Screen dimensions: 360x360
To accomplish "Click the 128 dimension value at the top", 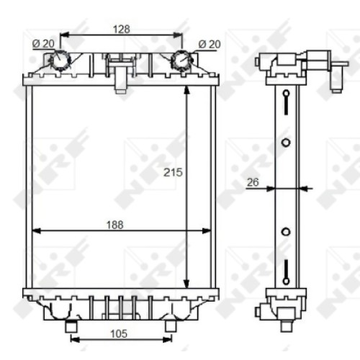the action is coord(122,30).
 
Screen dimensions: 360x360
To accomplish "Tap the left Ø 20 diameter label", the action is coord(43,43).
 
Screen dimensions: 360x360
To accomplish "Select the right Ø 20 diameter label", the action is coord(210,44).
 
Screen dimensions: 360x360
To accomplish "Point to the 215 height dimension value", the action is coord(173,172).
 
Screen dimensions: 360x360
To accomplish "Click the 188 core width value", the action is coord(114,225).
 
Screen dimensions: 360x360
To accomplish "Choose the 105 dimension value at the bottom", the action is coord(119,333).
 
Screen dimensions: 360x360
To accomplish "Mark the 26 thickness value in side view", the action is coord(253,182).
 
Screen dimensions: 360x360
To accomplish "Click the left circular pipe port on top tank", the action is coord(60,60).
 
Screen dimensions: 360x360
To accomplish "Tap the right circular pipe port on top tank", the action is coord(181,60).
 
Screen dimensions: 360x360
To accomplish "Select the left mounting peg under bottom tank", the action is coord(71,326).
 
